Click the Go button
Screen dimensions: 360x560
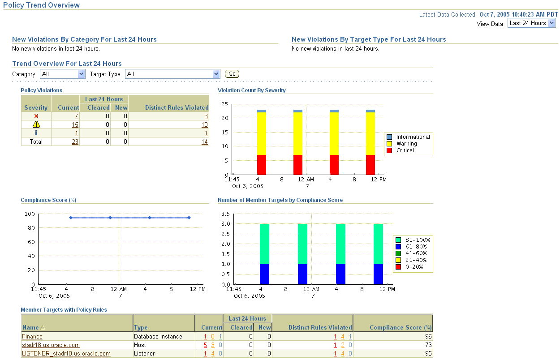232,74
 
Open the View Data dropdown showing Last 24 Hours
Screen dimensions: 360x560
531,23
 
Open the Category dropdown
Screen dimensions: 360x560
63,74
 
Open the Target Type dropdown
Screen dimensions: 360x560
172,74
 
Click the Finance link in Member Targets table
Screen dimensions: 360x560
32,337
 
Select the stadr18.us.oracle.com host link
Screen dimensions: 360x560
51,345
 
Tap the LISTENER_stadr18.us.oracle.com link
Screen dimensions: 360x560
66,354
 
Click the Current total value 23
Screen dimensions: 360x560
75,141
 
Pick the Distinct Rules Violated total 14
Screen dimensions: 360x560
204,141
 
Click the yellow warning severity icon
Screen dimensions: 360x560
36,124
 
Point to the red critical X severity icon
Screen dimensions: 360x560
36,116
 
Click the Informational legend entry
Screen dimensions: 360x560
413,137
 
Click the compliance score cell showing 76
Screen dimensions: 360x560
428,345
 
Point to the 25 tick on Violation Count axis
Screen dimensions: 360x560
224,104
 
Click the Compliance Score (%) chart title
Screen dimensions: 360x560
48,200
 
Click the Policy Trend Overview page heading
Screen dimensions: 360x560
41,5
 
